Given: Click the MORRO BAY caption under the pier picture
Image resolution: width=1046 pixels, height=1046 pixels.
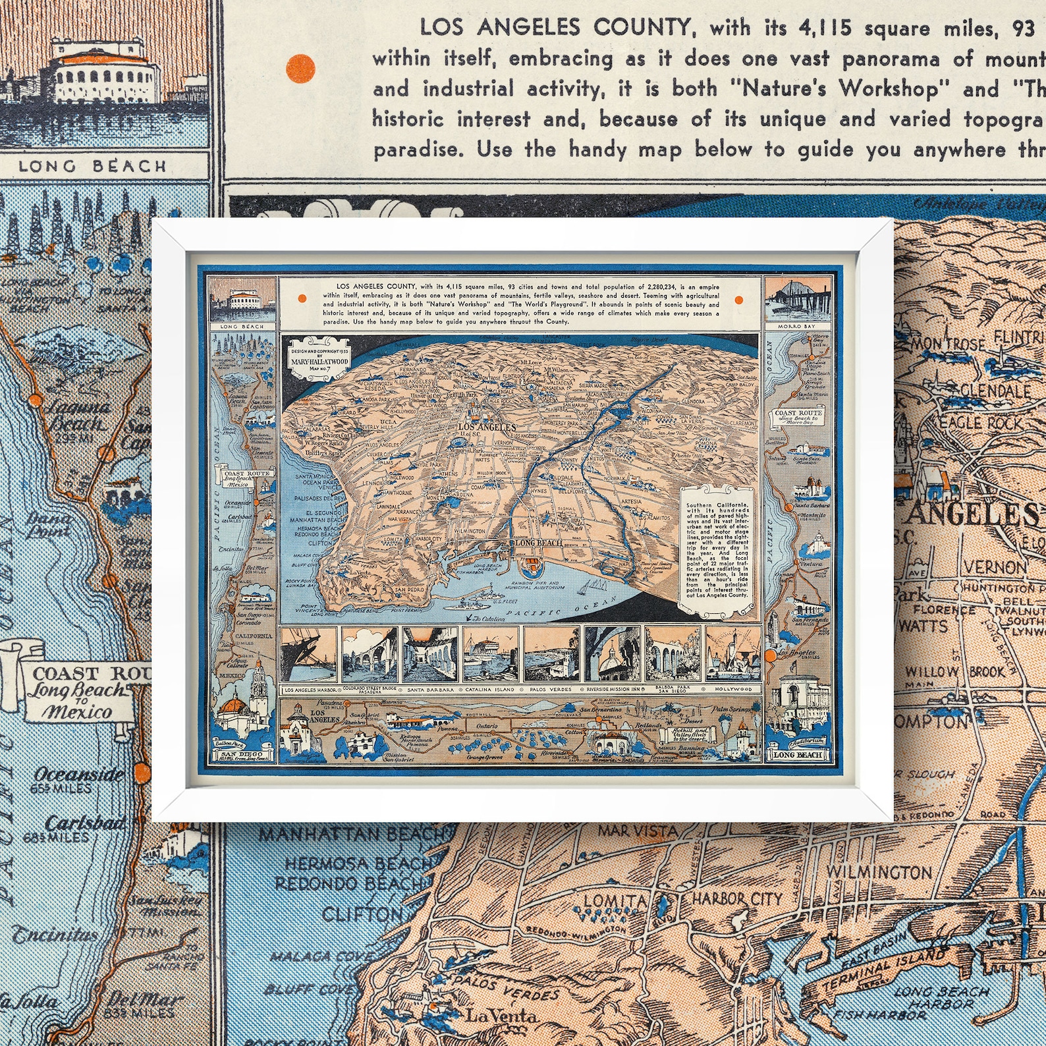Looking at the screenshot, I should tap(792, 326).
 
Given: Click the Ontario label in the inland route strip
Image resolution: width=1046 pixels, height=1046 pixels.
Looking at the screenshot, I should tap(488, 727).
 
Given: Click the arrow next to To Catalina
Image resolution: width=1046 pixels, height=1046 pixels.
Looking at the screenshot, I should tap(468, 619).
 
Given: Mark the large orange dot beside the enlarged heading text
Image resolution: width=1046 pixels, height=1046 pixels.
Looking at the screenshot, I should tap(300, 68).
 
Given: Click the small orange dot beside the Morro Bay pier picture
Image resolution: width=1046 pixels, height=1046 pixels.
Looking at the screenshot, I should tap(738, 300).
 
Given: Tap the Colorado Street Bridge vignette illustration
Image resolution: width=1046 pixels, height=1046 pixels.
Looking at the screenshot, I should tap(369, 654).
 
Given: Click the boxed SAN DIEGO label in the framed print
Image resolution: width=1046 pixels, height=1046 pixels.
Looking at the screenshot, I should tap(241, 754).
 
